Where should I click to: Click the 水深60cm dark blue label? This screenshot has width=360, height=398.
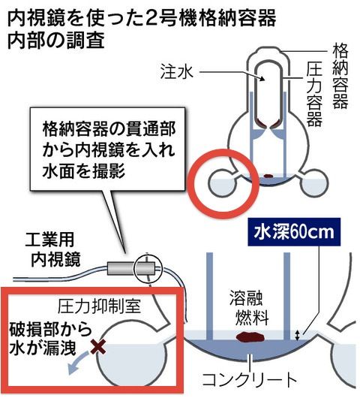tap(294, 232)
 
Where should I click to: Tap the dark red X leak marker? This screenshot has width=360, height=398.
tap(98, 347)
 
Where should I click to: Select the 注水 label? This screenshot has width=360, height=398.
tap(177, 72)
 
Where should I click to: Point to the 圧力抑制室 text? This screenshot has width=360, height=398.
tap(100, 306)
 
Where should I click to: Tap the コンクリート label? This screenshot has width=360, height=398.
tap(249, 380)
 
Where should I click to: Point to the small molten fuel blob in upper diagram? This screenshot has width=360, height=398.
tap(268, 176)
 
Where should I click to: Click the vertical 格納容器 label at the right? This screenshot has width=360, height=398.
tap(340, 77)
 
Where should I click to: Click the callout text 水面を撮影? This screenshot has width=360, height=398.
tap(85, 170)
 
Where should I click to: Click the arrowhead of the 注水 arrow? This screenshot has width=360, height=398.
tap(262, 79)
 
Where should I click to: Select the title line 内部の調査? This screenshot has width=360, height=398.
tap(56, 41)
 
